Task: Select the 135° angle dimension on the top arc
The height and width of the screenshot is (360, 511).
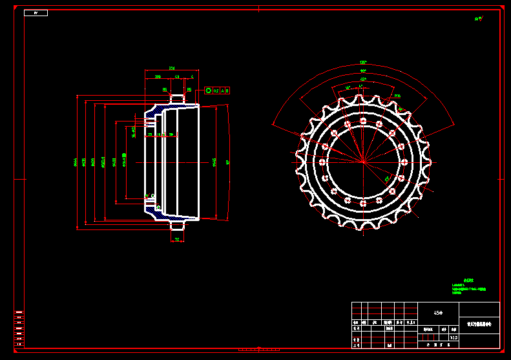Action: tap(363, 63)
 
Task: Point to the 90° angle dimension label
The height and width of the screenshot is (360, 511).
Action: tap(363, 70)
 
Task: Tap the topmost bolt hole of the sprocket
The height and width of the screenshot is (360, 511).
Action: tap(363, 121)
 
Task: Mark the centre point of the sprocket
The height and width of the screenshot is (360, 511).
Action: tap(363, 162)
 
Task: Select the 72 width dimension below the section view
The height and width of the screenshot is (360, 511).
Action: tap(177, 239)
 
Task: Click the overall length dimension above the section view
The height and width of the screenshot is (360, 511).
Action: tap(172, 68)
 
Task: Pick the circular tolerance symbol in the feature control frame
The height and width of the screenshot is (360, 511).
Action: tap(208, 90)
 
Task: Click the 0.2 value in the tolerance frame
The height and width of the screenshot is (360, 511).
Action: tap(216, 90)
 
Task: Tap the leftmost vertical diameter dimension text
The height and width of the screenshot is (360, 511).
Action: tap(75, 162)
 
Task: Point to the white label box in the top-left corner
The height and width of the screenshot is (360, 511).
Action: tap(36, 13)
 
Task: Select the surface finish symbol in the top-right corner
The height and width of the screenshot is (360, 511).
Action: tap(479, 19)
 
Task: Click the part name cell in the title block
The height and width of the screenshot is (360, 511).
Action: tap(479, 324)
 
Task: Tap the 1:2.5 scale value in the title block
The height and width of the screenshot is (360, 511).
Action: tap(454, 337)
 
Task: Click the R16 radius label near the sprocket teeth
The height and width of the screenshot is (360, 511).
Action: tap(397, 96)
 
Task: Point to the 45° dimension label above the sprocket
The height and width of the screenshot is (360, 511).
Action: tap(348, 87)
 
